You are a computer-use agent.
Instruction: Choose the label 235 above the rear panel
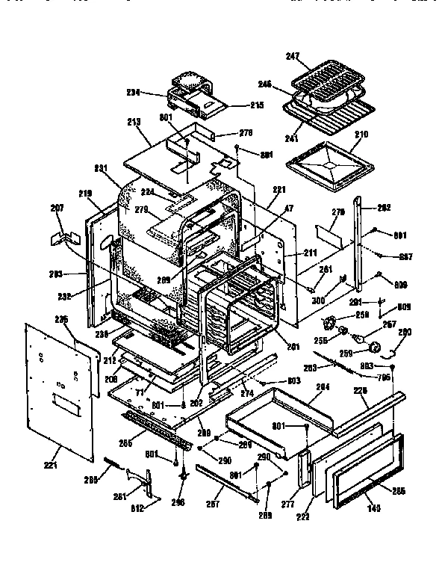61,320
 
